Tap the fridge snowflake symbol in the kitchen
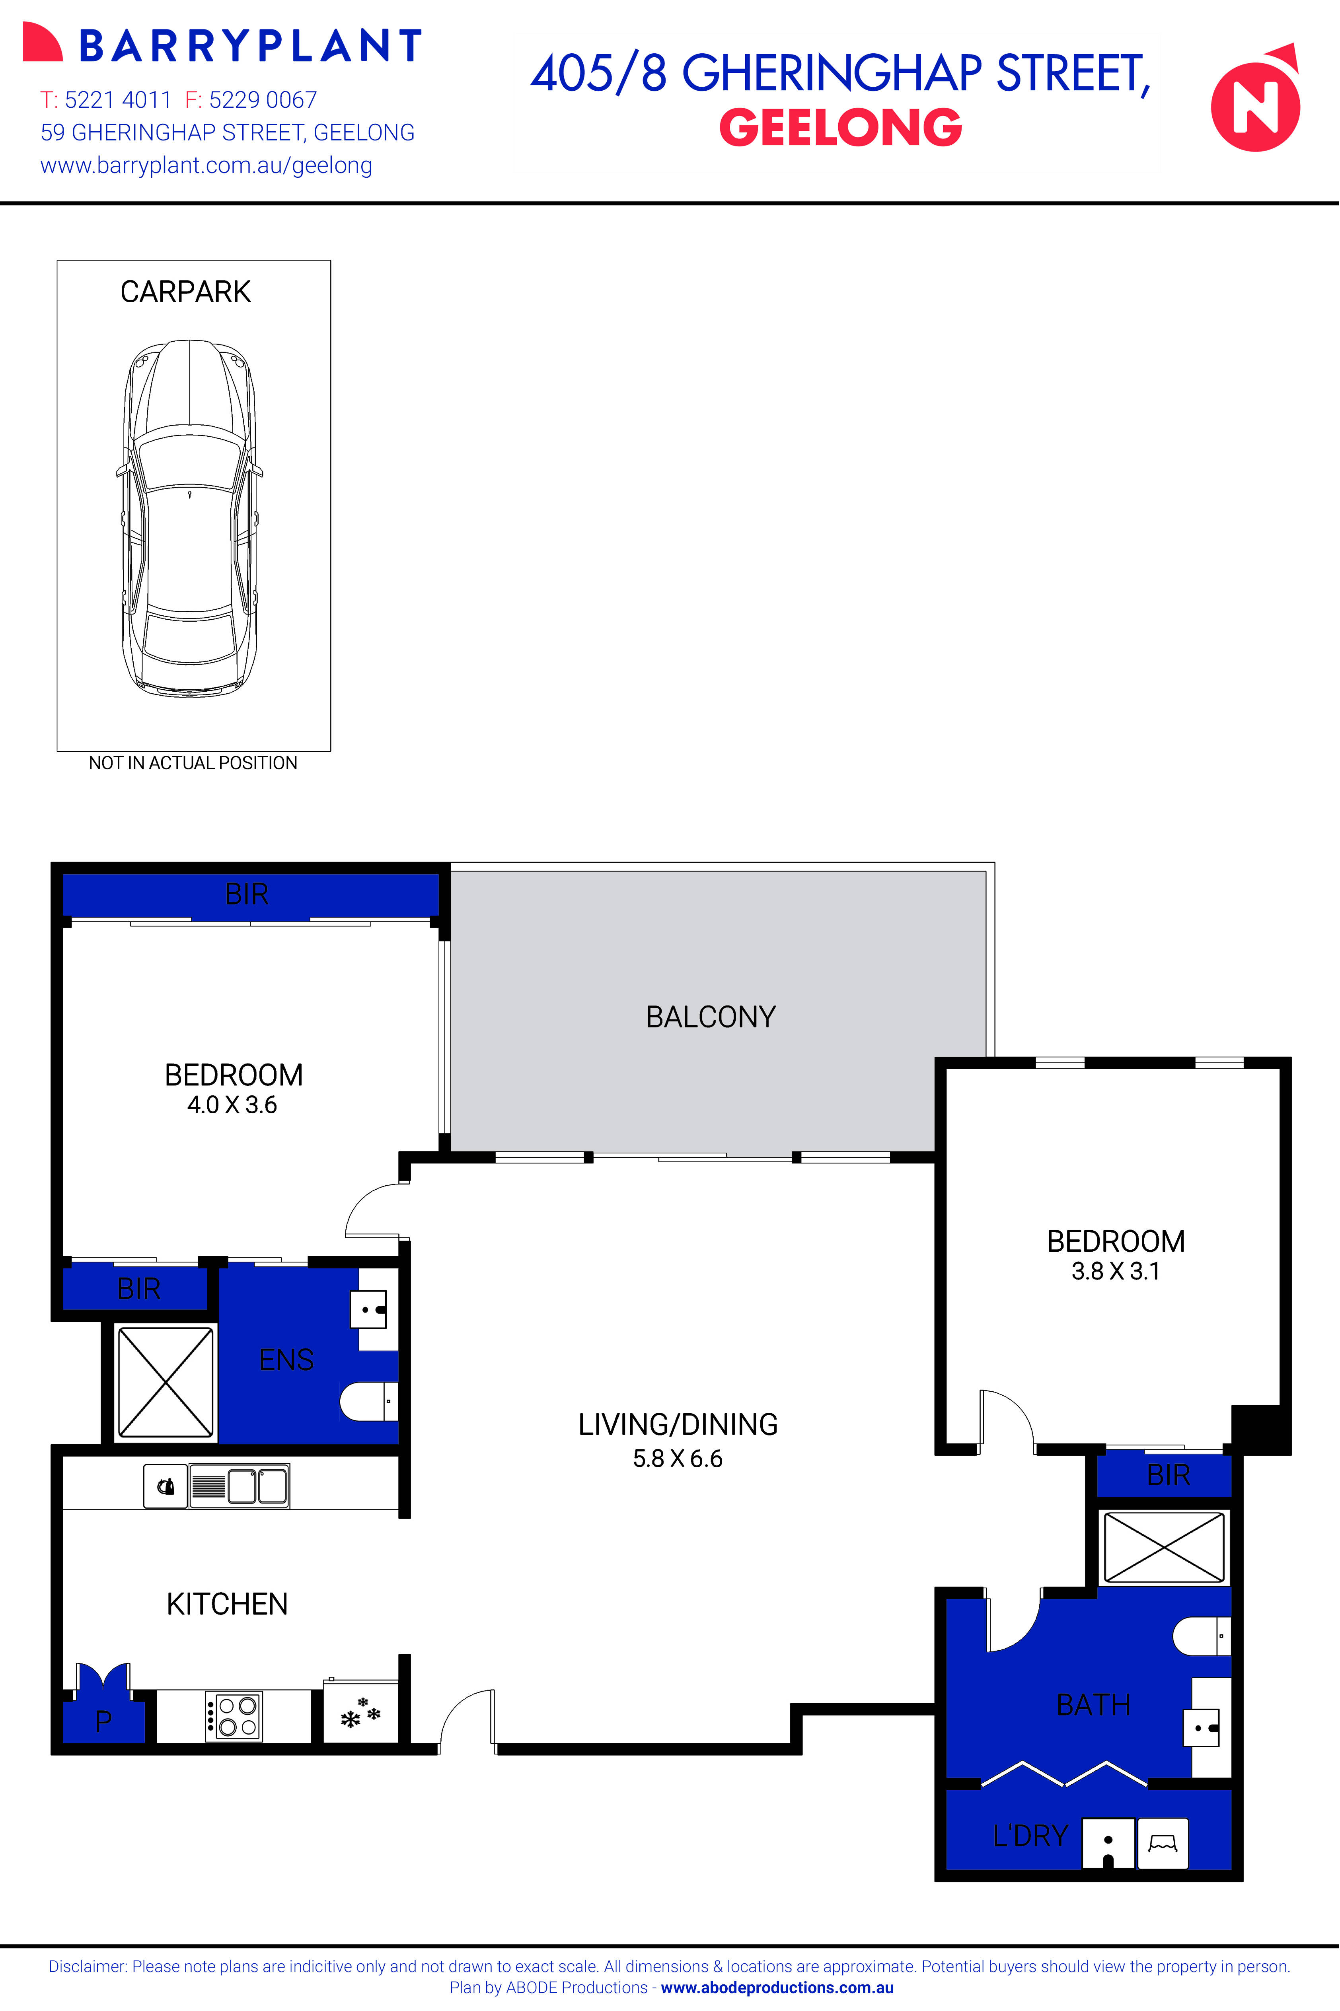(x=360, y=1713)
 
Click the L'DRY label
(x=1030, y=1835)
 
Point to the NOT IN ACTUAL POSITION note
(x=193, y=763)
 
